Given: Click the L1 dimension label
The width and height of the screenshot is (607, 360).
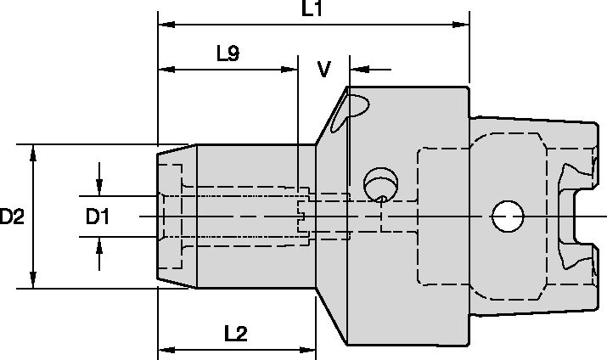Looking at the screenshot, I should [312, 9].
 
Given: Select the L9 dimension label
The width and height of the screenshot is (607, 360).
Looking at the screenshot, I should [228, 53].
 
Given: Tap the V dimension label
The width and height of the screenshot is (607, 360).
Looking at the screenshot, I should [324, 69].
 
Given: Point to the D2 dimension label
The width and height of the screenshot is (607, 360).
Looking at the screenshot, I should [12, 217].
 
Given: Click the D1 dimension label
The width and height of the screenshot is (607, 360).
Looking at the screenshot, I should [98, 217].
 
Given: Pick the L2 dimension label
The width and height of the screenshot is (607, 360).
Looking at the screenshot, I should [235, 334].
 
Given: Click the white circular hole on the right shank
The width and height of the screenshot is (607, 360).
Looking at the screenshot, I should [507, 217].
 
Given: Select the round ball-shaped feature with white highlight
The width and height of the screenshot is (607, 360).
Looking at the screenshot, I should [379, 183].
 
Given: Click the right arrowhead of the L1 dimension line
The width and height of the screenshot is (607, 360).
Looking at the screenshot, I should [464, 25].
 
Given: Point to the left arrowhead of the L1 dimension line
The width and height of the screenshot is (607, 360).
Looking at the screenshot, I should [165, 25].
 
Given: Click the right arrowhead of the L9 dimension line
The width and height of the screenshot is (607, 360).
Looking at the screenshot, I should [291, 69].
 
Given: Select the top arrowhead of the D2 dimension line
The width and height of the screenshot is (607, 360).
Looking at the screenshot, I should [33, 150].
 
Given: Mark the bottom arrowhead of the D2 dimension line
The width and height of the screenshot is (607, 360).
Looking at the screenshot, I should [33, 283].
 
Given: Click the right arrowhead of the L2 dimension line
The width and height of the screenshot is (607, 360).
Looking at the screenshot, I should [310, 349].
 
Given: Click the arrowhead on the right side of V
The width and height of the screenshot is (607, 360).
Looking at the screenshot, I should [356, 69].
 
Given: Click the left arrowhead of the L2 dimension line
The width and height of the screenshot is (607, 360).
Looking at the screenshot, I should [165, 349].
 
